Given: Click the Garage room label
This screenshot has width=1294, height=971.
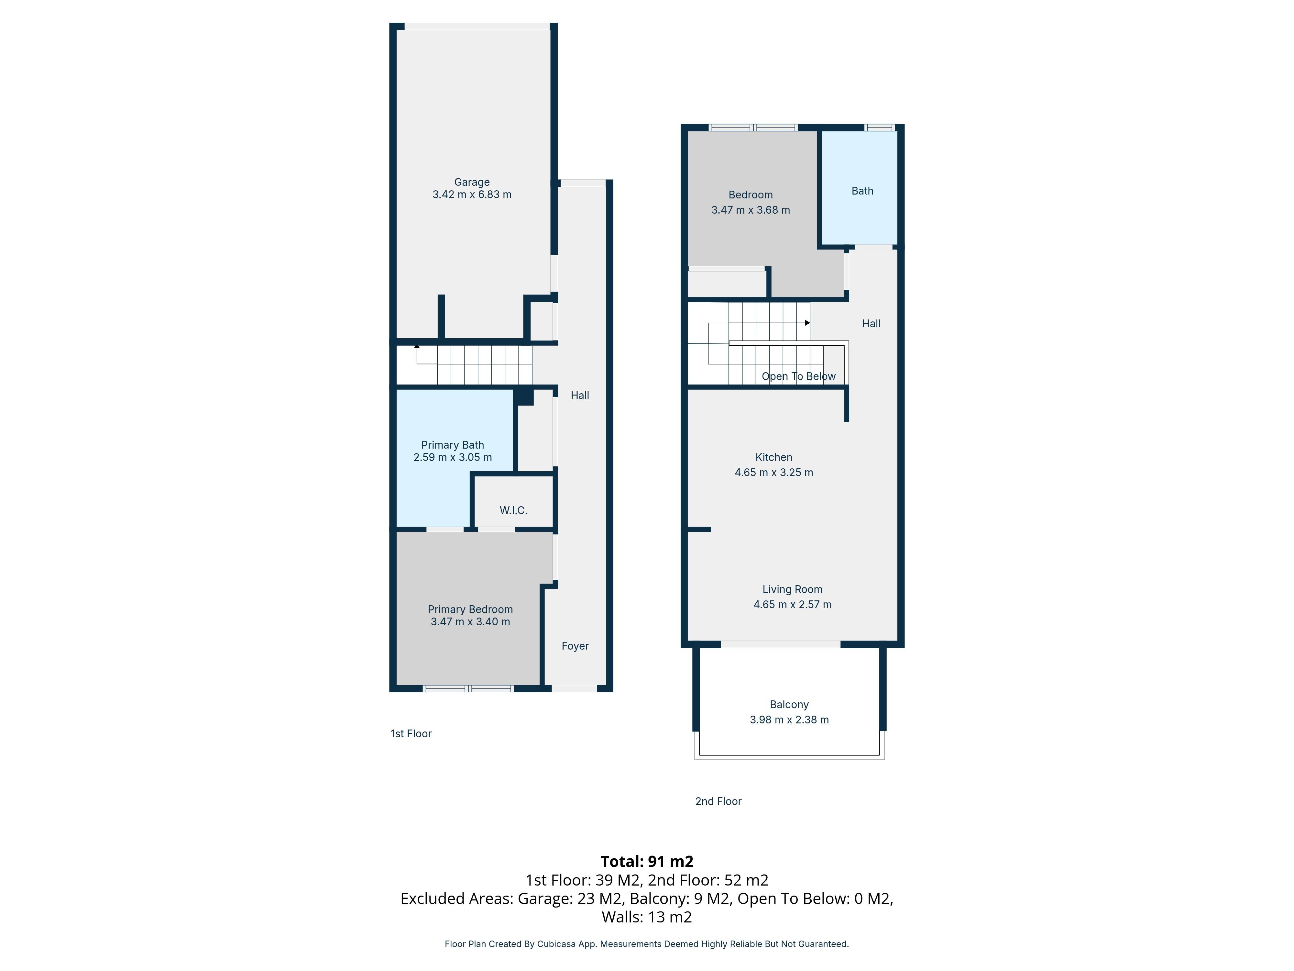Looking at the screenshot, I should tap(472, 182).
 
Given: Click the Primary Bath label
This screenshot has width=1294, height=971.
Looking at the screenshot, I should tap(452, 445).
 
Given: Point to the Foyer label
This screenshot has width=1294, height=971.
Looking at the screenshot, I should tap(575, 646).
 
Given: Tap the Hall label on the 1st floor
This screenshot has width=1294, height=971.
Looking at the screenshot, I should tap(579, 396).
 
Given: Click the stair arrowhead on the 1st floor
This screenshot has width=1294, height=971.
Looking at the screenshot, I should tap(417, 346).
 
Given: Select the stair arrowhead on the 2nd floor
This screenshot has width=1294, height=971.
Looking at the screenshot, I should tap(807, 322).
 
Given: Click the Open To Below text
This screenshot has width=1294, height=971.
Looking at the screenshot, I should tap(798, 376).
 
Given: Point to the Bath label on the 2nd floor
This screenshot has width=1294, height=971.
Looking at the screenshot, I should tap(862, 191).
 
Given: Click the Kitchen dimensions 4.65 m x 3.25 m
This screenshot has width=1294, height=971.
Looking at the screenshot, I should tap(773, 472).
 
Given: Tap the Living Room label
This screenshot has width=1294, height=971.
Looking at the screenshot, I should tap(792, 589).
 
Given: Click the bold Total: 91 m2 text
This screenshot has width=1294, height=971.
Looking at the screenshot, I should tap(646, 862).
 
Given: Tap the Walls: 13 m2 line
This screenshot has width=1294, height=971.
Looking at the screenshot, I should tap(646, 917).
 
